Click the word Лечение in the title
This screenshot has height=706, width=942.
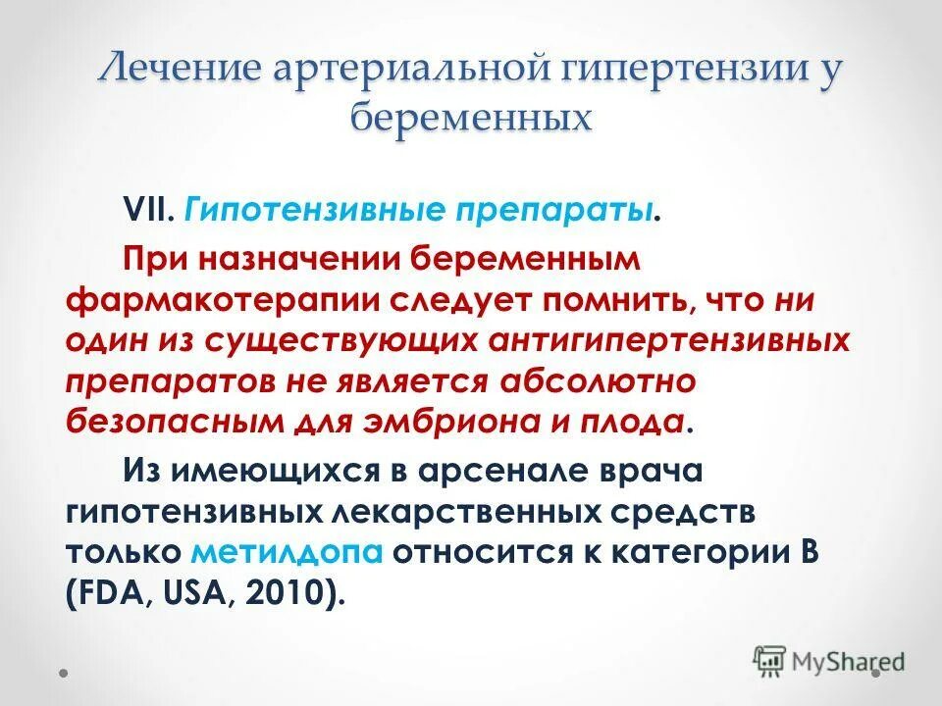[185, 71]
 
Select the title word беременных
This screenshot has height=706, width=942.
[472, 118]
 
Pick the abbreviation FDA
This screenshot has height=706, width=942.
[111, 592]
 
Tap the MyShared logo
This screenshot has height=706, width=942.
[829, 660]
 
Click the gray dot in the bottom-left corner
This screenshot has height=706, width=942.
[64, 674]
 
